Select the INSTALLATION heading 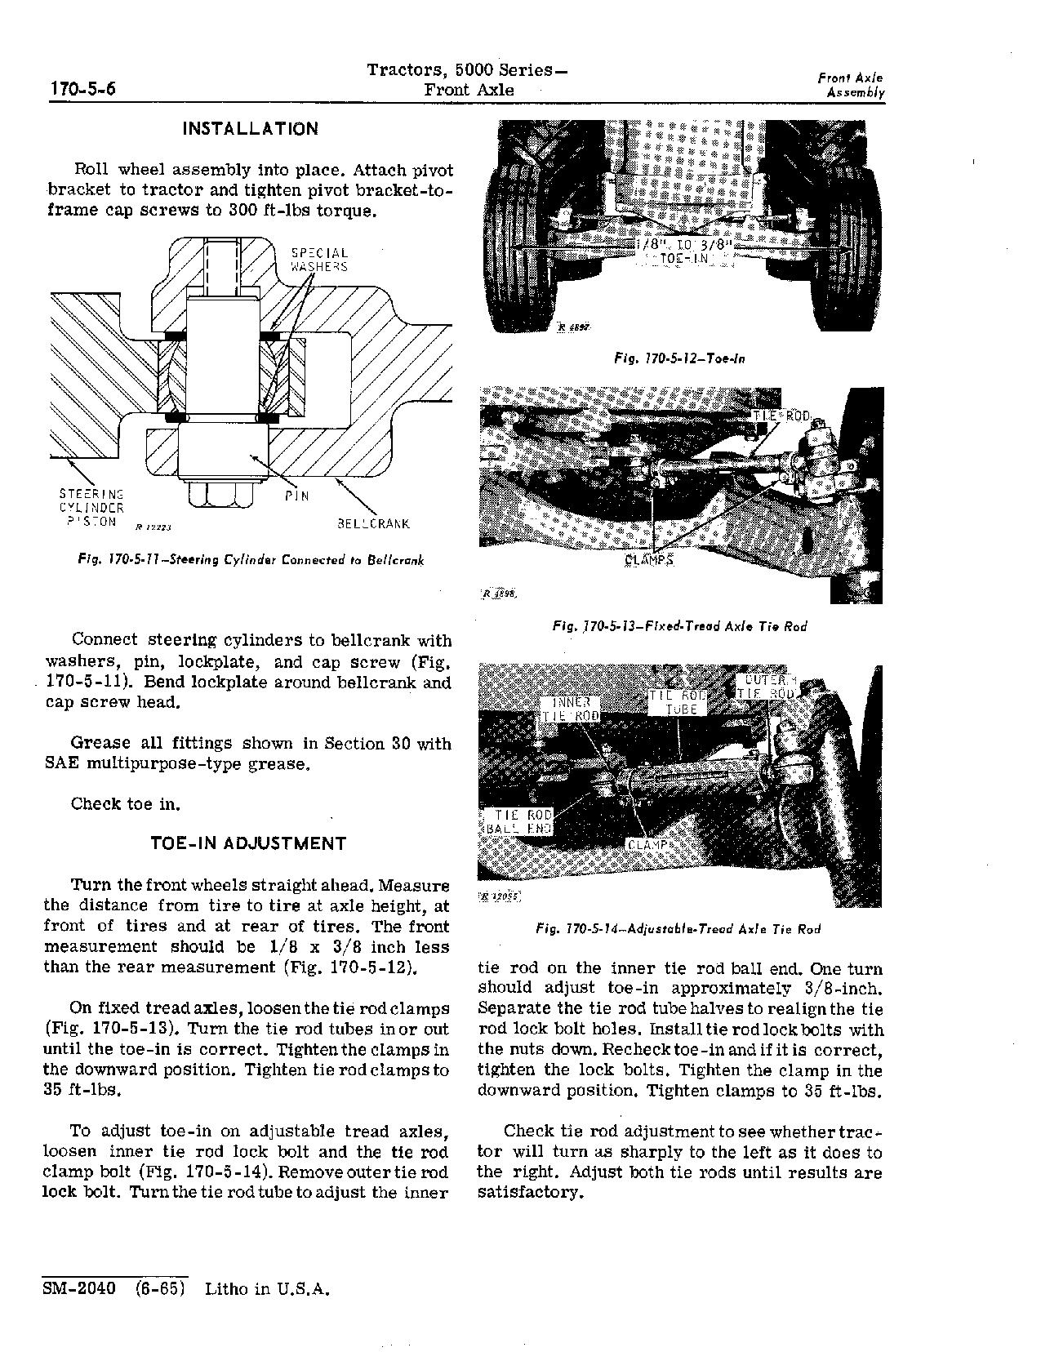pyautogui.click(x=250, y=129)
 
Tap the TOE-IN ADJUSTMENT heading pyautogui.click(x=249, y=843)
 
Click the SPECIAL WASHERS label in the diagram pyautogui.click(x=319, y=260)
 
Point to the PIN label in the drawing pyautogui.click(x=297, y=496)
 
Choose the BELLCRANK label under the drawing pyautogui.click(x=373, y=524)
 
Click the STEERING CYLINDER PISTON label pyautogui.click(x=91, y=508)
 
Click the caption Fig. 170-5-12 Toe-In pyautogui.click(x=678, y=358)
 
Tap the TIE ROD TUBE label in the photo pyautogui.click(x=678, y=702)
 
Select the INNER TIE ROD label pyautogui.click(x=571, y=709)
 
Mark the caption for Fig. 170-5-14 pyautogui.click(x=678, y=928)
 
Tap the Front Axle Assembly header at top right pyautogui.click(x=851, y=85)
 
